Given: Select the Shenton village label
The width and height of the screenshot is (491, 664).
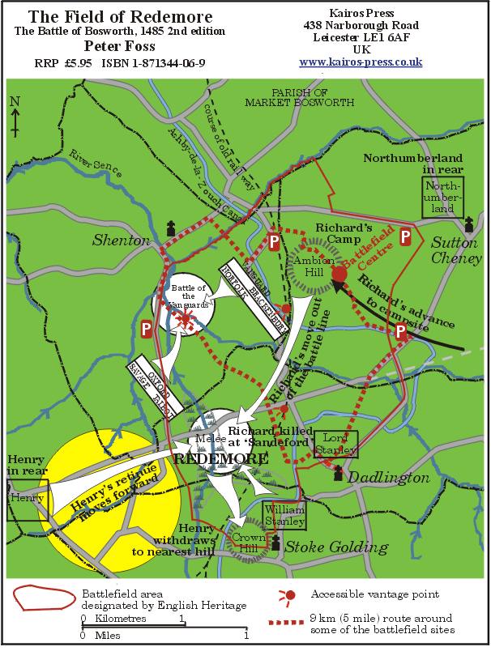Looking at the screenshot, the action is [x=122, y=240].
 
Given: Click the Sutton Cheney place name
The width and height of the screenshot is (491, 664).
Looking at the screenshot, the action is [x=455, y=250].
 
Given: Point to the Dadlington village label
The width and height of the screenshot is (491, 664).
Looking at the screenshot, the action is [x=388, y=478].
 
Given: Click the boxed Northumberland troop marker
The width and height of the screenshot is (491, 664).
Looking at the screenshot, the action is [x=442, y=198].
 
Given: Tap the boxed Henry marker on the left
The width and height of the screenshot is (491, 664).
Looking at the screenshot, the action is [x=27, y=499].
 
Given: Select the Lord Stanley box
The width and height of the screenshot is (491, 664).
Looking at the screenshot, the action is [x=335, y=442].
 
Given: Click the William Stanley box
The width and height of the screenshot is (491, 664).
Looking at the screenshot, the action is [x=284, y=517].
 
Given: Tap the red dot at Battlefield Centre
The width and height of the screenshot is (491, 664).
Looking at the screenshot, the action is [x=340, y=274].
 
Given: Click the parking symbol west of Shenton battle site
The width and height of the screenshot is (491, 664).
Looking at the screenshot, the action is [x=147, y=328].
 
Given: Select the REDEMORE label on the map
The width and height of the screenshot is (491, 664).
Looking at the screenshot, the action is [x=222, y=458].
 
